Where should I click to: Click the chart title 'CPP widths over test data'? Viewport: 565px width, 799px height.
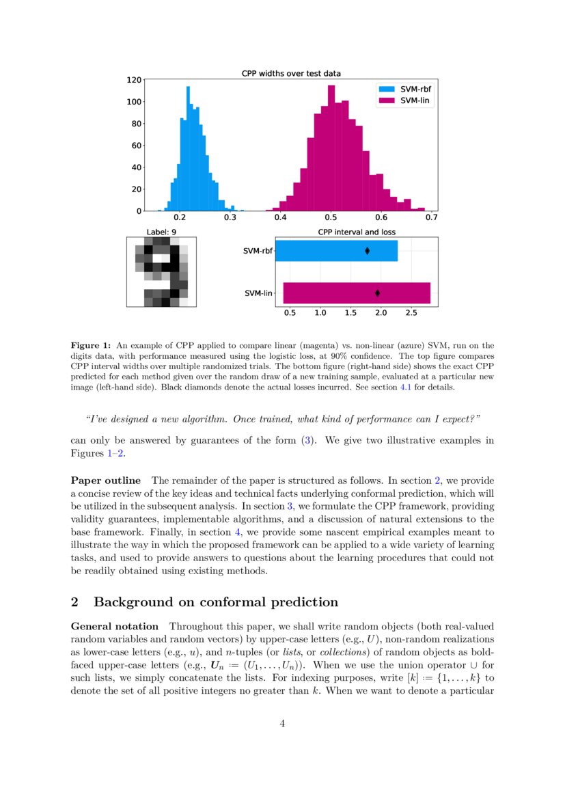291,73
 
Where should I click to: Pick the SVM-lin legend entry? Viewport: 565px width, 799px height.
407,100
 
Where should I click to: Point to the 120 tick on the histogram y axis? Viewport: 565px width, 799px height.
134,80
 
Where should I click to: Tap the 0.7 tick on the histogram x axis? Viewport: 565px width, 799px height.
431,217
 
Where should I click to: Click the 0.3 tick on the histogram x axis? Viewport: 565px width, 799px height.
230,217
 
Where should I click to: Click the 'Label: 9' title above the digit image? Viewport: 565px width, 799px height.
161,232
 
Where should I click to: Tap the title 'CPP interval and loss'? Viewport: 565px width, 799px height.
357,232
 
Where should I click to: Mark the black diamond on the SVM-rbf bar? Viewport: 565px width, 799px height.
368,251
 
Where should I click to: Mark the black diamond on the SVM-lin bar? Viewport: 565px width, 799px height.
377,293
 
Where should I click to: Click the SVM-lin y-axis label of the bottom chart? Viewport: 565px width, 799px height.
259,294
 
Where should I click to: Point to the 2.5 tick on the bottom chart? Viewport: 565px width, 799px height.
411,313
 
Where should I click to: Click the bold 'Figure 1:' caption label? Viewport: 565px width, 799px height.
91,346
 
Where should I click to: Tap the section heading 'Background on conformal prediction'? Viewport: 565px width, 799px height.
215,602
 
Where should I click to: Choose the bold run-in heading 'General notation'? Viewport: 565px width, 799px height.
115,626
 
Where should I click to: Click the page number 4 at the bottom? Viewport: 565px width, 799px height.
282,724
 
